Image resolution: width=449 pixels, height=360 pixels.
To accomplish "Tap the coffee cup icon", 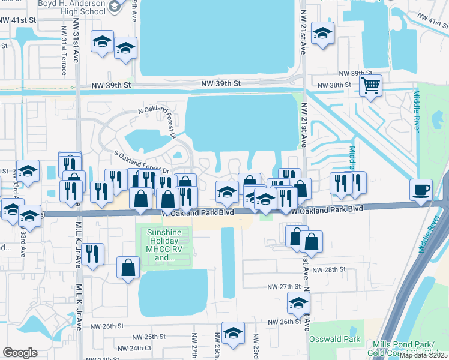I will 421,190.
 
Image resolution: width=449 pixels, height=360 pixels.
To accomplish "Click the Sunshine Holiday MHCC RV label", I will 167,245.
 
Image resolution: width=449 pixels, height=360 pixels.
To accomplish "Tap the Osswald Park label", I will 334,340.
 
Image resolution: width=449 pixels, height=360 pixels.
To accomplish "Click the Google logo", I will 20,352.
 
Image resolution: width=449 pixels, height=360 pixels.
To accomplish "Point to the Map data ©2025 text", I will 423,355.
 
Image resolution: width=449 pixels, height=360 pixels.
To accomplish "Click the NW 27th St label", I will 283,287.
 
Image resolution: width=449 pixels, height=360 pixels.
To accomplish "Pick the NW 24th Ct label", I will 135,348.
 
